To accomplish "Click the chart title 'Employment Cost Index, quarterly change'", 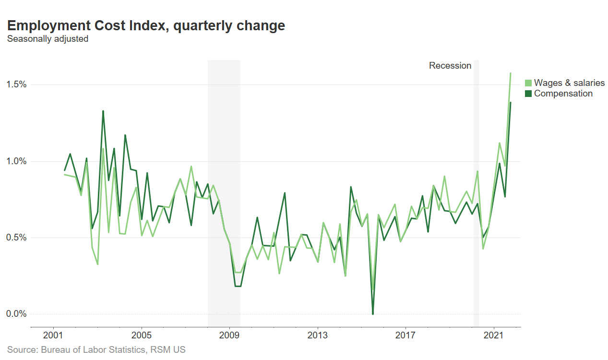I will coord(146,25).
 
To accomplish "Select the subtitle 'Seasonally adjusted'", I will coord(48,39).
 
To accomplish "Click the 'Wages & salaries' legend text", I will coord(569,83).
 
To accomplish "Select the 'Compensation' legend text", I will coord(563,94).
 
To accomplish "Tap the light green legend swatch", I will coord(528,83).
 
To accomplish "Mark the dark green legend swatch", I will coord(528,94).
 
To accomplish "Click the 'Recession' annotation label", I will coord(450,66).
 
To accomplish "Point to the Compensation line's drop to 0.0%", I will coord(373,314).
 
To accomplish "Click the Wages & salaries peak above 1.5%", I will coord(510,73).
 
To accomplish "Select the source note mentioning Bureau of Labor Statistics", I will coord(96,350).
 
